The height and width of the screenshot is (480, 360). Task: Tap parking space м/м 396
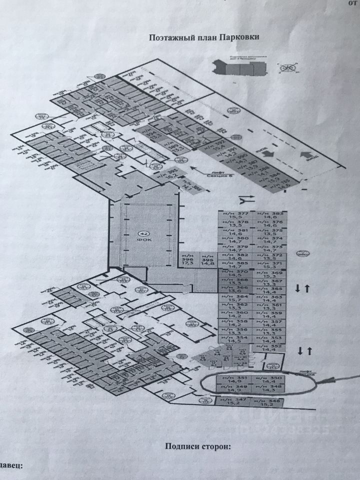point(188,260)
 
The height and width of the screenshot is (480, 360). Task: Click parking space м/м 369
point(270,274)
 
